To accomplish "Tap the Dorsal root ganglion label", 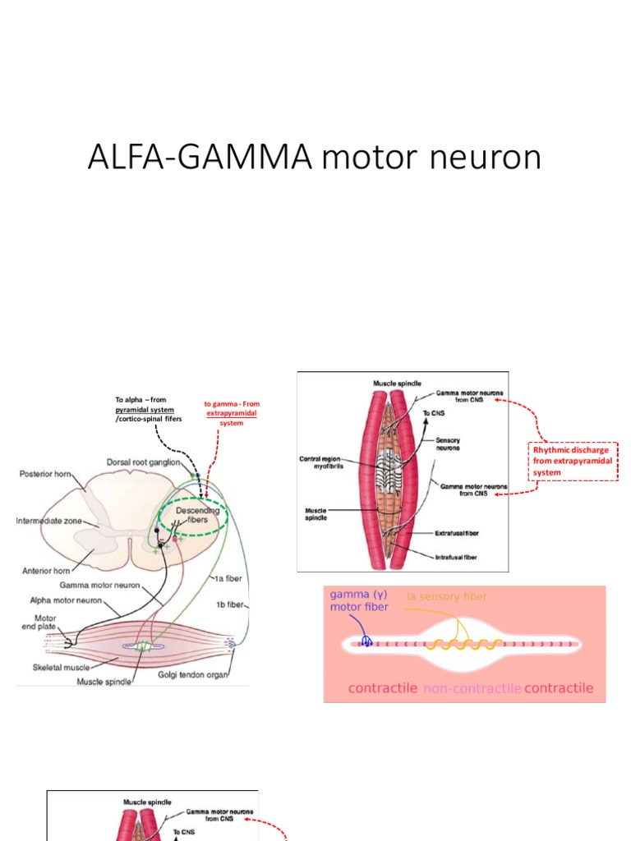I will pos(144,462).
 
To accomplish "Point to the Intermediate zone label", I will pos(50,521).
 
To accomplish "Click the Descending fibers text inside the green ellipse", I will pos(198,515).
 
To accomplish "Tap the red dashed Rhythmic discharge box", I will pos(572,461).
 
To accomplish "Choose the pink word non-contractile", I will pos(472,688).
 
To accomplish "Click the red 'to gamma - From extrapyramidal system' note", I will pos(231,413).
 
